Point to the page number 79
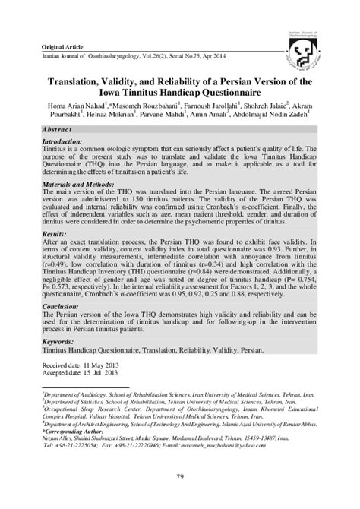[x=180, y=476]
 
